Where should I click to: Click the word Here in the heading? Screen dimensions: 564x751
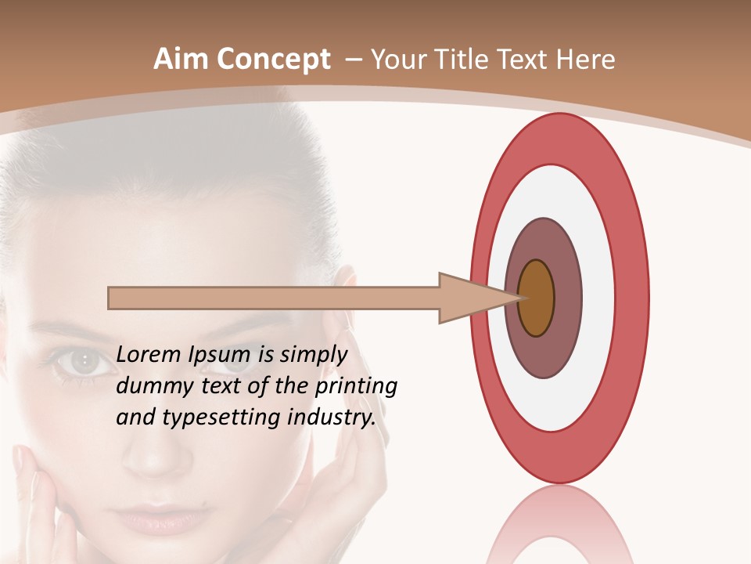point(586,60)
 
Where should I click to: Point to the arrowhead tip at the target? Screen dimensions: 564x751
point(520,298)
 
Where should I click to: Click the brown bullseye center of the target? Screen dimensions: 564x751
point(537,298)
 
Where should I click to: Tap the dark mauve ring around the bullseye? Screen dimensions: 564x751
point(567,298)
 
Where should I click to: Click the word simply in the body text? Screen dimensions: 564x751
point(313,355)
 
